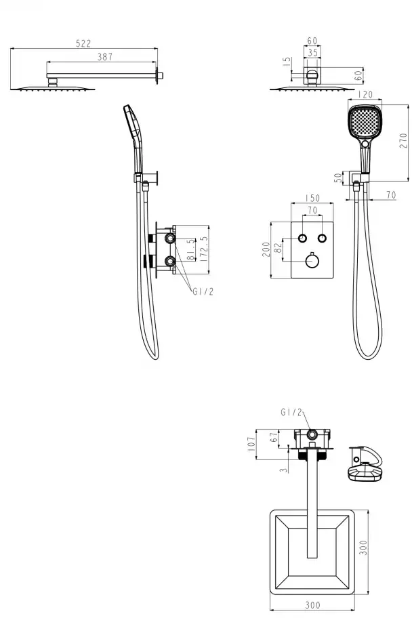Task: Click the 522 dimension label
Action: click(x=83, y=43)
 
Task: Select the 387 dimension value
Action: click(x=105, y=57)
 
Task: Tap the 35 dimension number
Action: click(x=312, y=52)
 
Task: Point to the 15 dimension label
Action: click(x=287, y=62)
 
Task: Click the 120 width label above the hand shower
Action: click(x=365, y=95)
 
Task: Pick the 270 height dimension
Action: click(x=403, y=141)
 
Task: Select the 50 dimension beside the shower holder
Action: click(x=338, y=178)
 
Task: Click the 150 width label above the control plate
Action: click(x=312, y=198)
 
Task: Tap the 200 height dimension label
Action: click(x=266, y=249)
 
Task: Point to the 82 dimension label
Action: click(x=279, y=248)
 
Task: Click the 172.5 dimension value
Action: click(x=204, y=249)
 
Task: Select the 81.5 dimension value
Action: click(x=191, y=249)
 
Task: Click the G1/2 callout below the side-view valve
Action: click(x=203, y=291)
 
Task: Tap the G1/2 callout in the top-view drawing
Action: click(x=291, y=412)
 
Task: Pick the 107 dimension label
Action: click(x=251, y=445)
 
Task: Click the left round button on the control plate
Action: click(x=302, y=238)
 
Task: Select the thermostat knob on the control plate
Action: click(x=312, y=261)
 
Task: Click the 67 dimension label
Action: click(x=274, y=437)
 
